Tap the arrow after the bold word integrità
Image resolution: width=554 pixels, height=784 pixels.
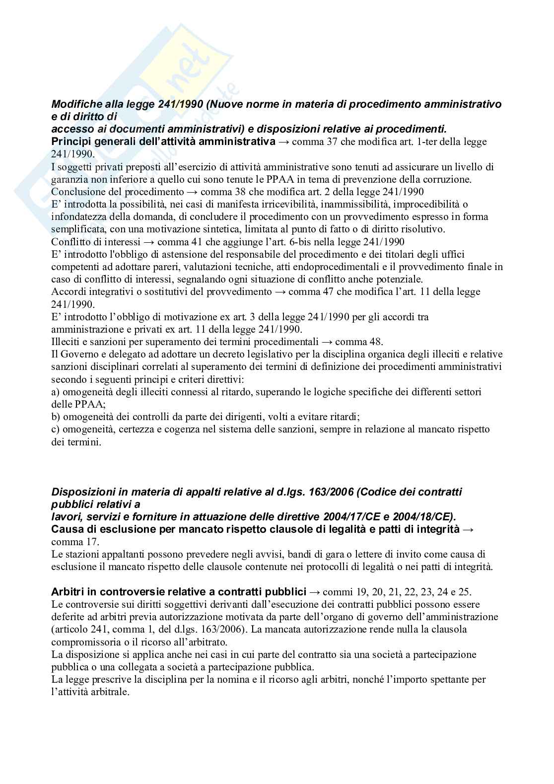(x=468, y=530)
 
